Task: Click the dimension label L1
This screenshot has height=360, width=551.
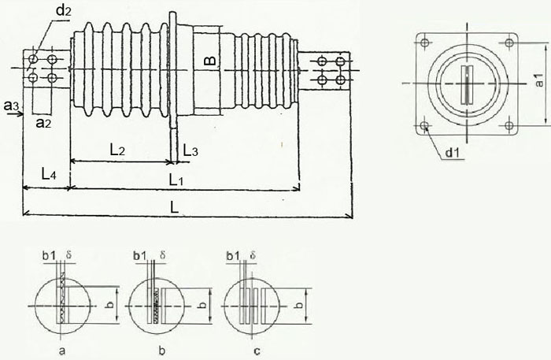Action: click(x=179, y=180)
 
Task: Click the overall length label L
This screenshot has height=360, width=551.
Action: click(x=174, y=206)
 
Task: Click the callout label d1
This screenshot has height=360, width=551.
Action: click(x=452, y=153)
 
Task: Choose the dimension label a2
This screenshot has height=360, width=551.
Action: click(x=45, y=123)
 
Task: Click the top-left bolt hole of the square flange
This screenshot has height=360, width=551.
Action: click(x=425, y=43)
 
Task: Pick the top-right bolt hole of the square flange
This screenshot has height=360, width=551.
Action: click(x=508, y=43)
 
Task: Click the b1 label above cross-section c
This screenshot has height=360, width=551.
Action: click(x=232, y=257)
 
